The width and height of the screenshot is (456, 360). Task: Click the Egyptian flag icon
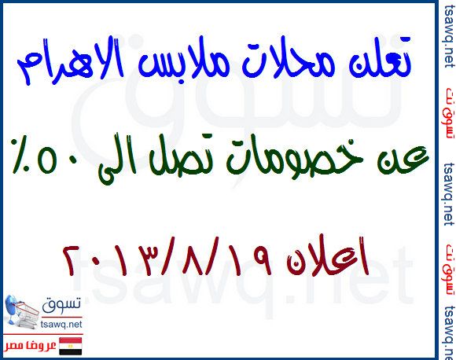71,346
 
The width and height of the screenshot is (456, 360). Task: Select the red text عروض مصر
31,347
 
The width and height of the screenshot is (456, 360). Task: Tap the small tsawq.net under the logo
61,324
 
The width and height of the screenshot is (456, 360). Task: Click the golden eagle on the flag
71,347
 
